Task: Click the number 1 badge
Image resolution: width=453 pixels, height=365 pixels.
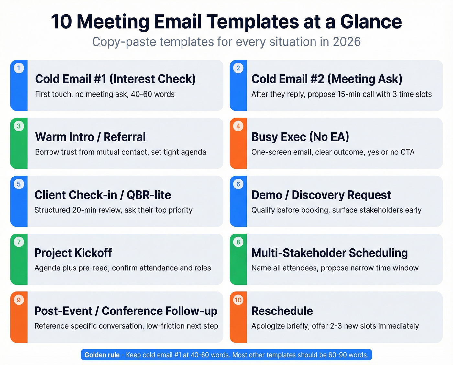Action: click(19, 68)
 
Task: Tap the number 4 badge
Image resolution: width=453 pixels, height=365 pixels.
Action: click(238, 126)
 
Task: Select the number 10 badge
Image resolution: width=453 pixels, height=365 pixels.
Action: click(238, 300)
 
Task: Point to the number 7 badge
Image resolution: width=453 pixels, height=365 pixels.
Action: click(19, 242)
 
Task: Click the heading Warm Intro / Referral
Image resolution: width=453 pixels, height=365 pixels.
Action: click(90, 137)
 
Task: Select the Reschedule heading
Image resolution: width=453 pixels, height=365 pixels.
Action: click(282, 311)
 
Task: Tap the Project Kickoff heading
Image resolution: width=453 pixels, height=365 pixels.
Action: click(73, 253)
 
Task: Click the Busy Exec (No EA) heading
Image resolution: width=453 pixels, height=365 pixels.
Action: click(300, 137)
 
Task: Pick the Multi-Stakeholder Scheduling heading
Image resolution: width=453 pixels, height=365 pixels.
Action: click(329, 253)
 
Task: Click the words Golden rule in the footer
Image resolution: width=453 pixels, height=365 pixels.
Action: click(102, 355)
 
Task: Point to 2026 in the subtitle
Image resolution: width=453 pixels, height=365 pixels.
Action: click(347, 42)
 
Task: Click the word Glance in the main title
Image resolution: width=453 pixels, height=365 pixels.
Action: click(371, 22)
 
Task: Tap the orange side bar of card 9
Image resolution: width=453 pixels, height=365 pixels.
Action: click(19, 324)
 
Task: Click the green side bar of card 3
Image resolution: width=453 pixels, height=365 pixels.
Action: click(19, 149)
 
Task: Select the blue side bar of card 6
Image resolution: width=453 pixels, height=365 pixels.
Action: click(238, 207)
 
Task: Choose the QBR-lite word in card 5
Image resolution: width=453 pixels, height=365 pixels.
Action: click(149, 195)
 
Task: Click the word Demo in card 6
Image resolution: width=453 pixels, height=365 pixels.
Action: click(267, 195)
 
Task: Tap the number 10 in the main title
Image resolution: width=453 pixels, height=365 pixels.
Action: click(61, 22)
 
